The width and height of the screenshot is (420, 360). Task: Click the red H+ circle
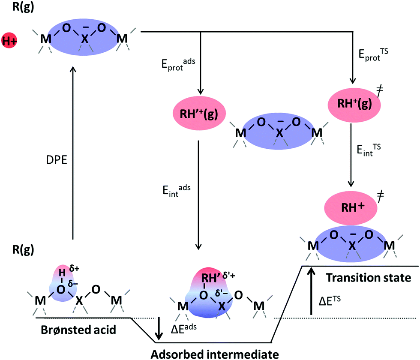pos(9,40)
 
